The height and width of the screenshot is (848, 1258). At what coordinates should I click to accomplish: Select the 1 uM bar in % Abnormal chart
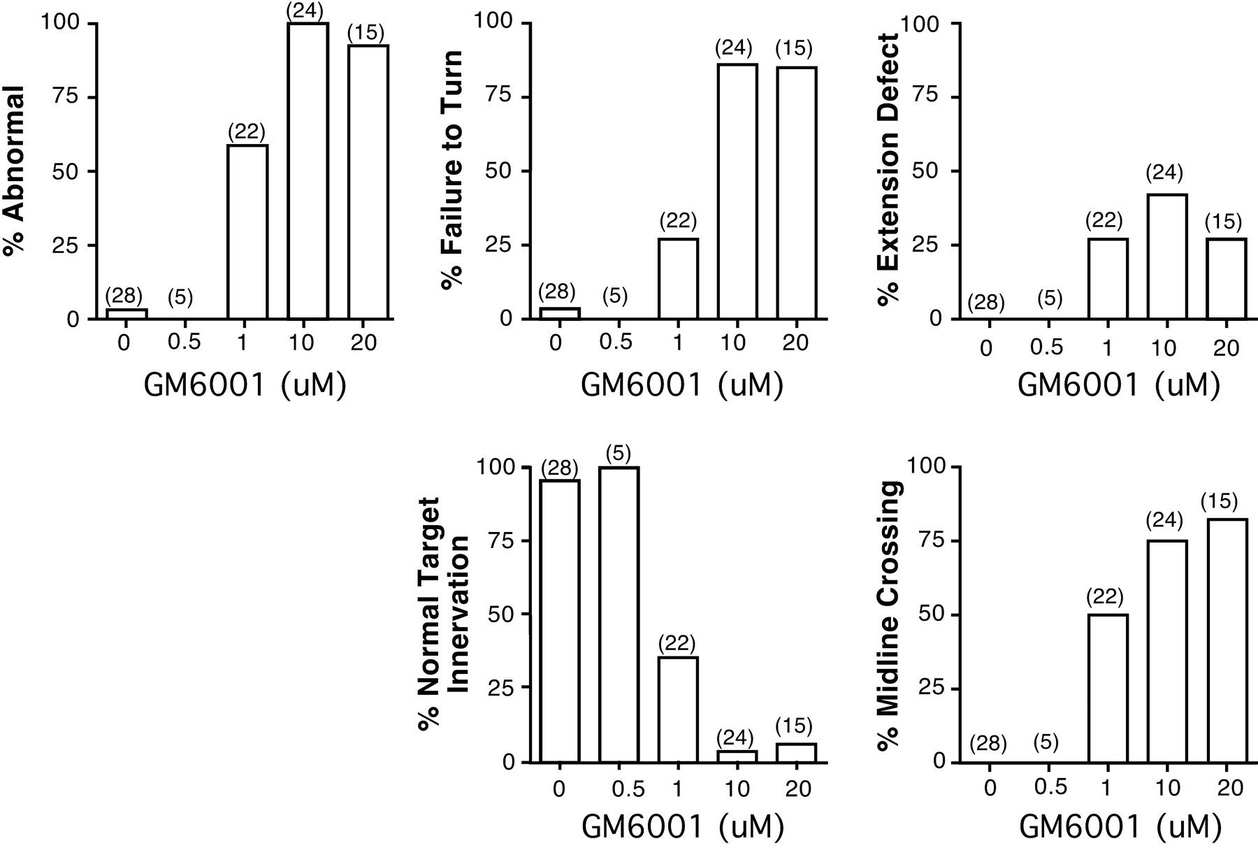tap(247, 232)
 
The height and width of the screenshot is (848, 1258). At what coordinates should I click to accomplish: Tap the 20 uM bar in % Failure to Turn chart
tap(796, 193)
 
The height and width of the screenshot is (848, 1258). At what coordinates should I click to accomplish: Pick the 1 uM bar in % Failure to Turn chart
tap(677, 279)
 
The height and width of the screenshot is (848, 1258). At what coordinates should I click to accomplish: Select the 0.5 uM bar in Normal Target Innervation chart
tap(619, 615)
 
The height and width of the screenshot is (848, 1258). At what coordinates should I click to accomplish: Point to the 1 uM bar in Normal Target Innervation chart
tap(677, 709)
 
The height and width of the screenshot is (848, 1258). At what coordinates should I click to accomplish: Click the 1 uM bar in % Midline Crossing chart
tap(1107, 688)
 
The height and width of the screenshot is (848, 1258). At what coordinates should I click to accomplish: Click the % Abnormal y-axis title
tap(14, 171)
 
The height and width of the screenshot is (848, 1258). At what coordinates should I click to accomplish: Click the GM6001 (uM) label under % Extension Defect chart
tap(1118, 385)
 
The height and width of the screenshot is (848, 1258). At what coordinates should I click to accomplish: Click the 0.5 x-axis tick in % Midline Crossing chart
tap(1050, 788)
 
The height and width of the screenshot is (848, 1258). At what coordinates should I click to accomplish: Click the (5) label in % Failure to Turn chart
tap(614, 296)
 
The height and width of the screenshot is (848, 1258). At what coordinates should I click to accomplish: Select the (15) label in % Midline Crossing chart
tap(1219, 501)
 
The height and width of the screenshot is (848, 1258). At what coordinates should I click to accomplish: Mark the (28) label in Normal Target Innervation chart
tap(560, 468)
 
